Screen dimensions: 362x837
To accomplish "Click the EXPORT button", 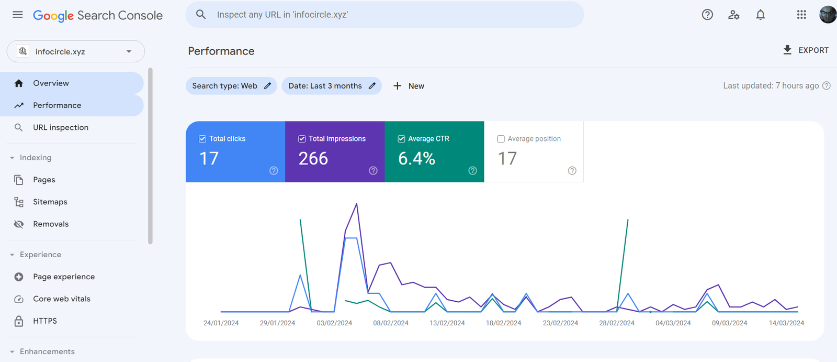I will (x=806, y=50).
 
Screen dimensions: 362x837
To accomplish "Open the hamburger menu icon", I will (x=18, y=15).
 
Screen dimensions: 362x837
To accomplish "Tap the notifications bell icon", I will (x=760, y=15).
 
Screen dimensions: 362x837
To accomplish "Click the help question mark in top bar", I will (x=707, y=15).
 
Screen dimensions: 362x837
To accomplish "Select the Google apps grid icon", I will (x=801, y=15).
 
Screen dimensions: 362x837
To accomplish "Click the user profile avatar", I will (x=828, y=15).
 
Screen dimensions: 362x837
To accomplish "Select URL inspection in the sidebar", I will (x=61, y=127).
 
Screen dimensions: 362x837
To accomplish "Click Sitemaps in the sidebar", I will (x=50, y=202).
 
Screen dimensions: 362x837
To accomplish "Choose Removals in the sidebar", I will (x=51, y=224).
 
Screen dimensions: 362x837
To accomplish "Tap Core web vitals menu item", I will (x=62, y=299).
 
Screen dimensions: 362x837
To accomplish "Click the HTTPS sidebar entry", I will (x=45, y=321).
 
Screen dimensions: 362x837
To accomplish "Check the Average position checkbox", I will (x=501, y=139).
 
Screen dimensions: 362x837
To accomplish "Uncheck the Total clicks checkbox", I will (x=202, y=139).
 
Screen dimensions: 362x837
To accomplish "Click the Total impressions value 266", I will (x=313, y=158).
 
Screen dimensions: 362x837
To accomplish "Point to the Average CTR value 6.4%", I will (x=416, y=158).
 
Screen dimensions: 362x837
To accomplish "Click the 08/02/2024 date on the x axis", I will (x=391, y=323).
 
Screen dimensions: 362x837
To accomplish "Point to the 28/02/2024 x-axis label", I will (x=617, y=323).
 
